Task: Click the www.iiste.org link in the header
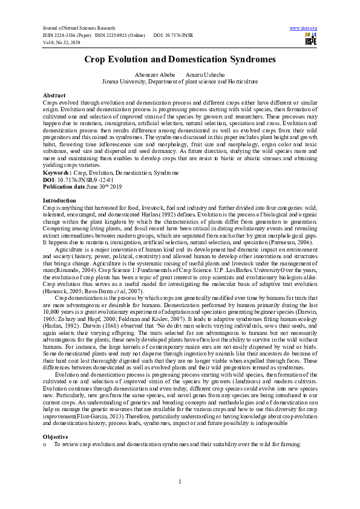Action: (304, 28)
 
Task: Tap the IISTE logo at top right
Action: (310, 40)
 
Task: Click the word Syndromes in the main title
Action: (245, 59)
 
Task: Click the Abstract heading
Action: (54, 96)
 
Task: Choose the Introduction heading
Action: (59, 200)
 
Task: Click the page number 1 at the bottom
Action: (180, 481)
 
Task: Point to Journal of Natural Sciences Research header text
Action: (82, 28)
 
